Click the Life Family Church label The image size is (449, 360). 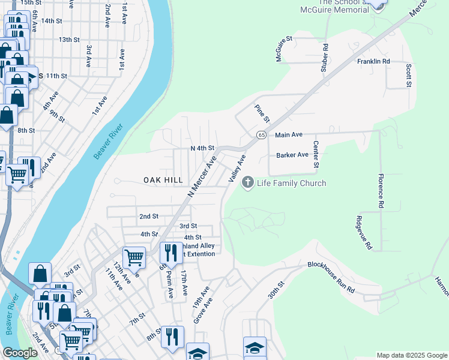point(292,183)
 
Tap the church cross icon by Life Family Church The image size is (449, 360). point(247,182)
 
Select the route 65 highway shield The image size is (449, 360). point(262,135)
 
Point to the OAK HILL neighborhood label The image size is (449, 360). point(163,180)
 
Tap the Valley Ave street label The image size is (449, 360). point(237,169)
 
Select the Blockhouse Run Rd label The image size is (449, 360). point(331,278)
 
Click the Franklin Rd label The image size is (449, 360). point(373,61)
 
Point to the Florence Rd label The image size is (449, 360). point(381,191)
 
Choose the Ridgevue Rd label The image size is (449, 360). point(364,233)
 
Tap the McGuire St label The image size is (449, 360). point(283,49)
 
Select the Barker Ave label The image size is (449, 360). point(292,155)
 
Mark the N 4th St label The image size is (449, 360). point(202,148)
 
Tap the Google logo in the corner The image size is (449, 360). point(20,353)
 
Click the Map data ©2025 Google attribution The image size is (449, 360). point(411,355)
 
